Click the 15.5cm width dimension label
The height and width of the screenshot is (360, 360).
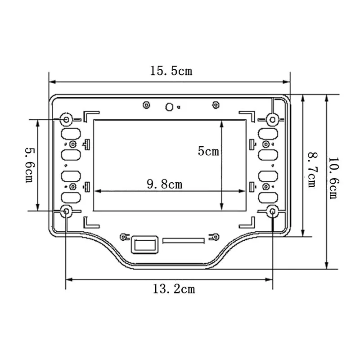click(x=171, y=71)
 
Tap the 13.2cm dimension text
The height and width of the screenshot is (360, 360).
click(x=174, y=289)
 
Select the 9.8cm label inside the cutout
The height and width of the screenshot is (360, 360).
click(x=165, y=184)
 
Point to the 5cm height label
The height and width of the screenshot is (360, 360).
click(x=208, y=151)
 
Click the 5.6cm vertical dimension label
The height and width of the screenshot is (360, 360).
click(x=29, y=165)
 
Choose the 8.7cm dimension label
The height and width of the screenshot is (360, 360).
click(x=312, y=170)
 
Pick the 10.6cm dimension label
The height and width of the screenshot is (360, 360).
click(x=333, y=178)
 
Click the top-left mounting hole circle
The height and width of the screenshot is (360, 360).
click(x=66, y=119)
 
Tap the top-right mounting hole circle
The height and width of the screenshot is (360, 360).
click(x=273, y=119)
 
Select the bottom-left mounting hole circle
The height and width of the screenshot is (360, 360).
click(x=66, y=211)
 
